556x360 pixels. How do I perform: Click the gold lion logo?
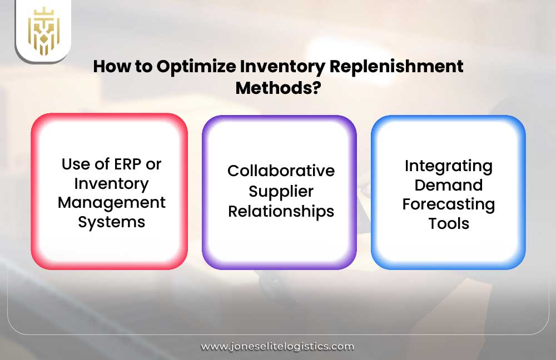click(x=43, y=31)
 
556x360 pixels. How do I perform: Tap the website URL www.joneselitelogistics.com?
click(x=277, y=346)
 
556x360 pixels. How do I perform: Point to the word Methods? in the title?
click(x=278, y=87)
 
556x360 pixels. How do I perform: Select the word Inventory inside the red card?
click(x=111, y=183)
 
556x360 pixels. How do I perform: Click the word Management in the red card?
click(x=111, y=202)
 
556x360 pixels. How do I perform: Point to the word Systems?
click(x=111, y=222)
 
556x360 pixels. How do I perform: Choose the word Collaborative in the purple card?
click(x=281, y=171)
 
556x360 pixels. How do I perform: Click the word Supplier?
click(x=281, y=191)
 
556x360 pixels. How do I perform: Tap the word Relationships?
click(x=281, y=211)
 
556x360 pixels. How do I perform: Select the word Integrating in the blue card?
click(x=448, y=166)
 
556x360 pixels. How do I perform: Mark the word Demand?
click(x=448, y=185)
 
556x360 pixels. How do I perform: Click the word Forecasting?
click(x=448, y=204)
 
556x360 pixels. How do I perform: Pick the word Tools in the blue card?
click(x=448, y=223)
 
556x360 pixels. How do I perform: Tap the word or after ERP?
click(x=154, y=164)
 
